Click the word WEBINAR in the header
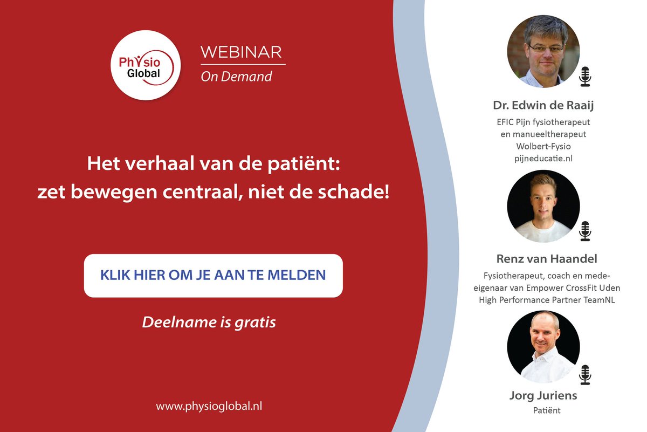click(240, 52)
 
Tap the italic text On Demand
click(236, 77)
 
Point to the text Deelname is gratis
click(209, 323)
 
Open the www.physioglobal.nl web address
click(209, 406)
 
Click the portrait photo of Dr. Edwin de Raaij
click(543, 51)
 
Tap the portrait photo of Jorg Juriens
click(543, 347)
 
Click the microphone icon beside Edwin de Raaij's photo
click(585, 77)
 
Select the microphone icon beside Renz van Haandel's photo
click(585, 231)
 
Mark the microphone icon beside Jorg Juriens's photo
click(585, 374)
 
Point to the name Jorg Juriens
click(543, 395)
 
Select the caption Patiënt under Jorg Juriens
click(543, 410)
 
